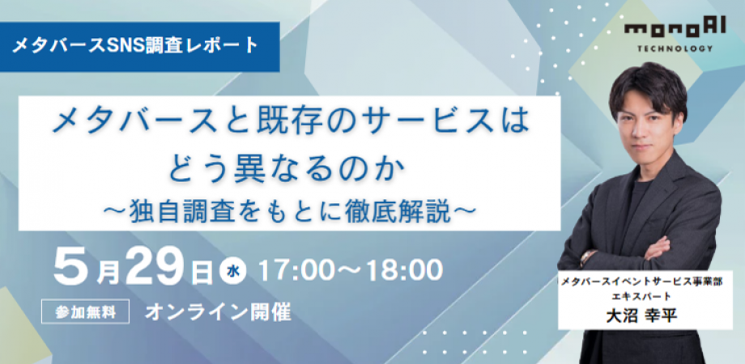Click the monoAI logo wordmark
click(x=675, y=29)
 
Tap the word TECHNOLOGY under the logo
click(x=675, y=49)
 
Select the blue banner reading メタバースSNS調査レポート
click(x=139, y=46)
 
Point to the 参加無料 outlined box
click(x=86, y=311)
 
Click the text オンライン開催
click(x=218, y=312)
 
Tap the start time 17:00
click(x=295, y=271)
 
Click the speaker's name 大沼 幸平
click(x=641, y=316)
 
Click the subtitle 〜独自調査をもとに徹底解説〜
click(x=289, y=212)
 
